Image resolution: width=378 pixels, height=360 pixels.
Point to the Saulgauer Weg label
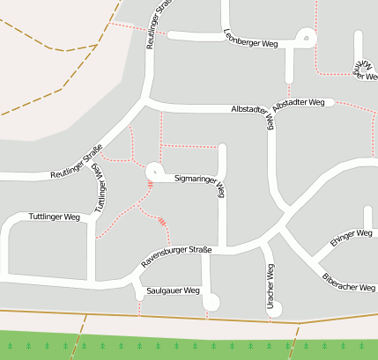[174, 290]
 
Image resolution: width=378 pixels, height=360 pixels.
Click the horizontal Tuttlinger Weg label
[55, 217]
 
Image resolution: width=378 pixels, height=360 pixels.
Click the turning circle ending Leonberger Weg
[305, 38]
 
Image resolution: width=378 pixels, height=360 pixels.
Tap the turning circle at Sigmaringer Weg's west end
[154, 170]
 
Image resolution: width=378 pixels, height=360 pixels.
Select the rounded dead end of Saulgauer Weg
[211, 302]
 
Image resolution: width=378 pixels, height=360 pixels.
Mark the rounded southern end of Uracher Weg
[274, 308]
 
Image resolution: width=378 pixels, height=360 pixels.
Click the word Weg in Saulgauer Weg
[191, 290]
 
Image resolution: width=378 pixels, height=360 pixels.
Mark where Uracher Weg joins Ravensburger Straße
[265, 246]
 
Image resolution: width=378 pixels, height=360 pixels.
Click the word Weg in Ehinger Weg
[363, 233]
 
